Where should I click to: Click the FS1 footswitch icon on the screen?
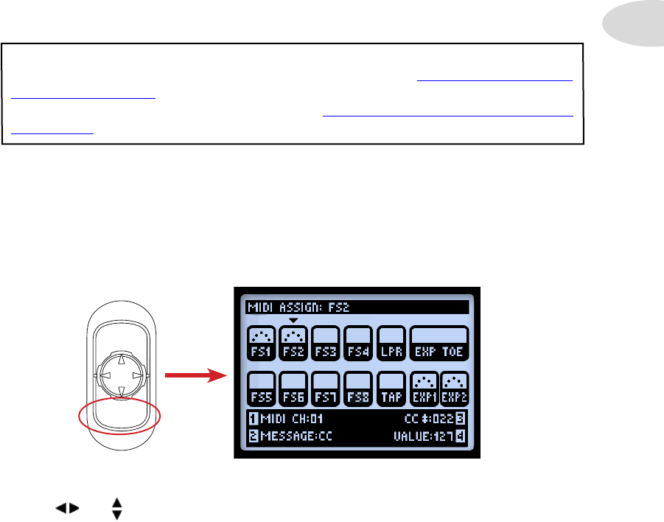tap(260, 342)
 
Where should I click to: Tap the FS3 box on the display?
tap(326, 342)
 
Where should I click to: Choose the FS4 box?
tap(358, 342)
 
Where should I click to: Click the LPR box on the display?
tap(391, 342)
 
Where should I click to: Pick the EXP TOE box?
tap(439, 342)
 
